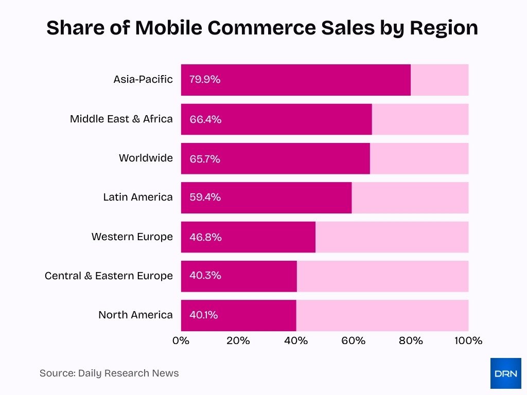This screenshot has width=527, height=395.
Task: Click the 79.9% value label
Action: (x=205, y=80)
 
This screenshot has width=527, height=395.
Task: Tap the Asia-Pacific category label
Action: (x=143, y=80)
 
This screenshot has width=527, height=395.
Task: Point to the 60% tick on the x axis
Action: (x=354, y=340)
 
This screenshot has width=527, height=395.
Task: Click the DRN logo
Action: (x=505, y=373)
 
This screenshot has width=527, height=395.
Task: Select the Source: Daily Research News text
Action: (x=109, y=373)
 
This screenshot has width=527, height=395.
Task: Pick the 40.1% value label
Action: (x=204, y=315)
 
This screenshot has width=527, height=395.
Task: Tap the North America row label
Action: (x=135, y=315)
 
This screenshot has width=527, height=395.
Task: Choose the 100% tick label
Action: (x=468, y=340)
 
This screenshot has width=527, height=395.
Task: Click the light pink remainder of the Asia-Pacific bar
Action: (x=440, y=80)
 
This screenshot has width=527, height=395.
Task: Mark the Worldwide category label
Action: (x=146, y=158)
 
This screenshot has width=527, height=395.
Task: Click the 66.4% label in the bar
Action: (x=205, y=119)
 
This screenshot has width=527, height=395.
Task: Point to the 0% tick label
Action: (x=181, y=340)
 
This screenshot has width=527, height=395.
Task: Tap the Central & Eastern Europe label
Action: (x=109, y=276)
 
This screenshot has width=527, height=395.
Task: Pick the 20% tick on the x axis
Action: (x=238, y=340)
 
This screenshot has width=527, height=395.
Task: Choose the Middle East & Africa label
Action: (x=121, y=119)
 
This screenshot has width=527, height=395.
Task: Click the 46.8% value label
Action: (x=205, y=237)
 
